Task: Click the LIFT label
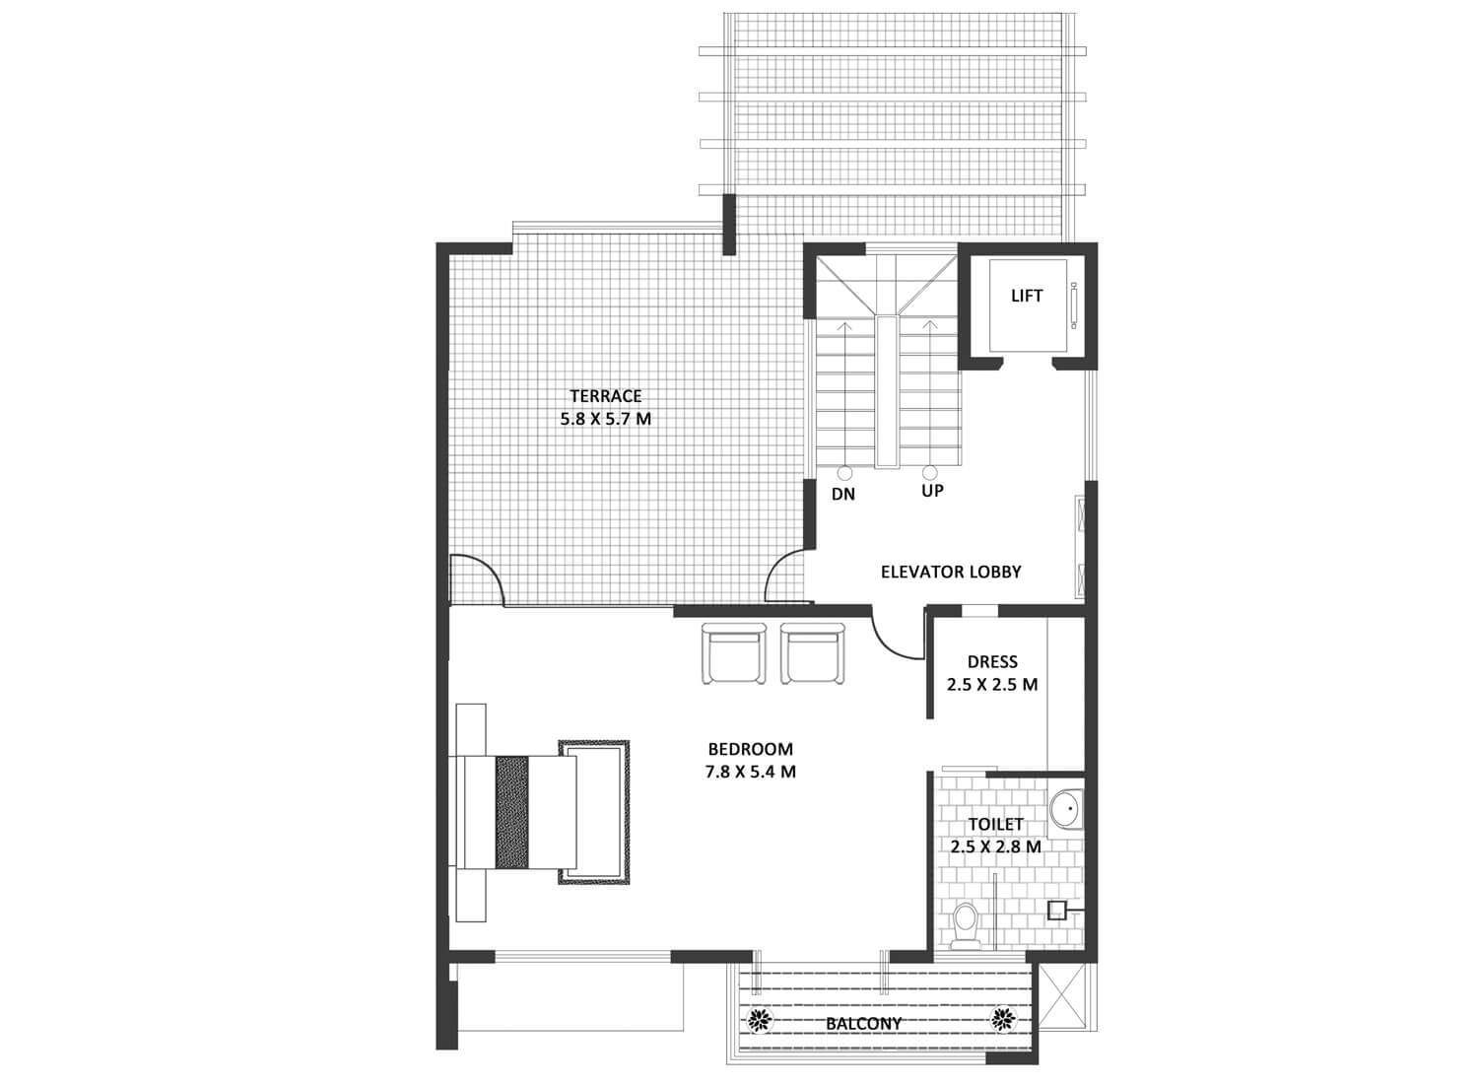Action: pyautogui.click(x=1027, y=296)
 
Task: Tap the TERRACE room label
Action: pyautogui.click(x=606, y=396)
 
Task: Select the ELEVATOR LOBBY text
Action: pyautogui.click(x=951, y=572)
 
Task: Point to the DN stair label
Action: pyautogui.click(x=843, y=494)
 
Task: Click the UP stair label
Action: pyautogui.click(x=932, y=490)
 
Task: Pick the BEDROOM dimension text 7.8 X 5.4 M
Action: pyautogui.click(x=750, y=772)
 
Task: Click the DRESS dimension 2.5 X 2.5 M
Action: pyautogui.click(x=992, y=684)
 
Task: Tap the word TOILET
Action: pyautogui.click(x=995, y=824)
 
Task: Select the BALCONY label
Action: pyautogui.click(x=864, y=1024)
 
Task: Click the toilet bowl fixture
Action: pyautogui.click(x=966, y=923)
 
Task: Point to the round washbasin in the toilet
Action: pyautogui.click(x=1065, y=808)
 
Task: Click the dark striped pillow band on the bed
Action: pyautogui.click(x=511, y=812)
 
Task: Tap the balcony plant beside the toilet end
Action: pyautogui.click(x=1004, y=1019)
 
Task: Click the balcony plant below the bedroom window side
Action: pyautogui.click(x=760, y=1020)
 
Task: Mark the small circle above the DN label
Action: pyautogui.click(x=843, y=473)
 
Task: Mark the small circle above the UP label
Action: pyautogui.click(x=930, y=472)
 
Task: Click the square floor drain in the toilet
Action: pyautogui.click(x=1056, y=911)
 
